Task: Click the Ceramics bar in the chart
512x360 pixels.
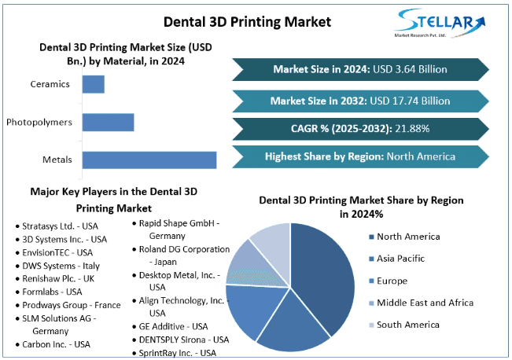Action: [x=93, y=84]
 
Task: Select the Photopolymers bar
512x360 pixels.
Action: [x=108, y=122]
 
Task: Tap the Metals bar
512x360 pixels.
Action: [x=149, y=160]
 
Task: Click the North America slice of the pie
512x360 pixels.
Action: [x=319, y=275]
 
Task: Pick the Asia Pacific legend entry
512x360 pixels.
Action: [x=402, y=258]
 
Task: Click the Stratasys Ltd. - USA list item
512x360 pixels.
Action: [x=56, y=226]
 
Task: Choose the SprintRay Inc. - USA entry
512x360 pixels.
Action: [x=176, y=353]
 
